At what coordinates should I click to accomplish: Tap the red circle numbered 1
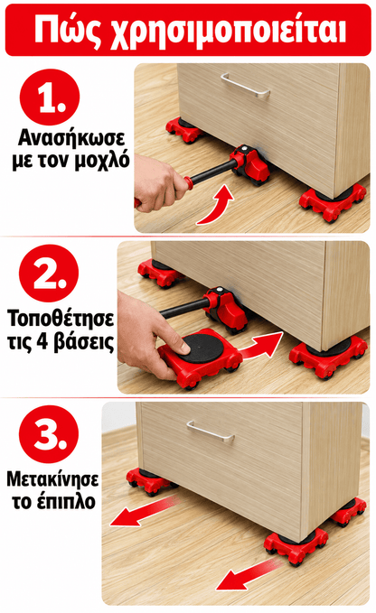[50, 97]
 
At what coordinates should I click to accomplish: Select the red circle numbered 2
[49, 273]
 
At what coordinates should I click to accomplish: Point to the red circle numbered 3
[49, 434]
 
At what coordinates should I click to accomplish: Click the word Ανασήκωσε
[71, 138]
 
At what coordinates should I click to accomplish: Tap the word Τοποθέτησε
[61, 318]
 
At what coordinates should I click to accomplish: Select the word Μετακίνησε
[52, 478]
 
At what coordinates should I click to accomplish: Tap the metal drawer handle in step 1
[245, 85]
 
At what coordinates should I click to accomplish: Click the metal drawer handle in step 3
[211, 432]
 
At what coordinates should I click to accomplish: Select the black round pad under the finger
[202, 348]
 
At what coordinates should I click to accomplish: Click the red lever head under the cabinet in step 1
[250, 165]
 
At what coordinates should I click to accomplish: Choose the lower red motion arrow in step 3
[248, 574]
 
